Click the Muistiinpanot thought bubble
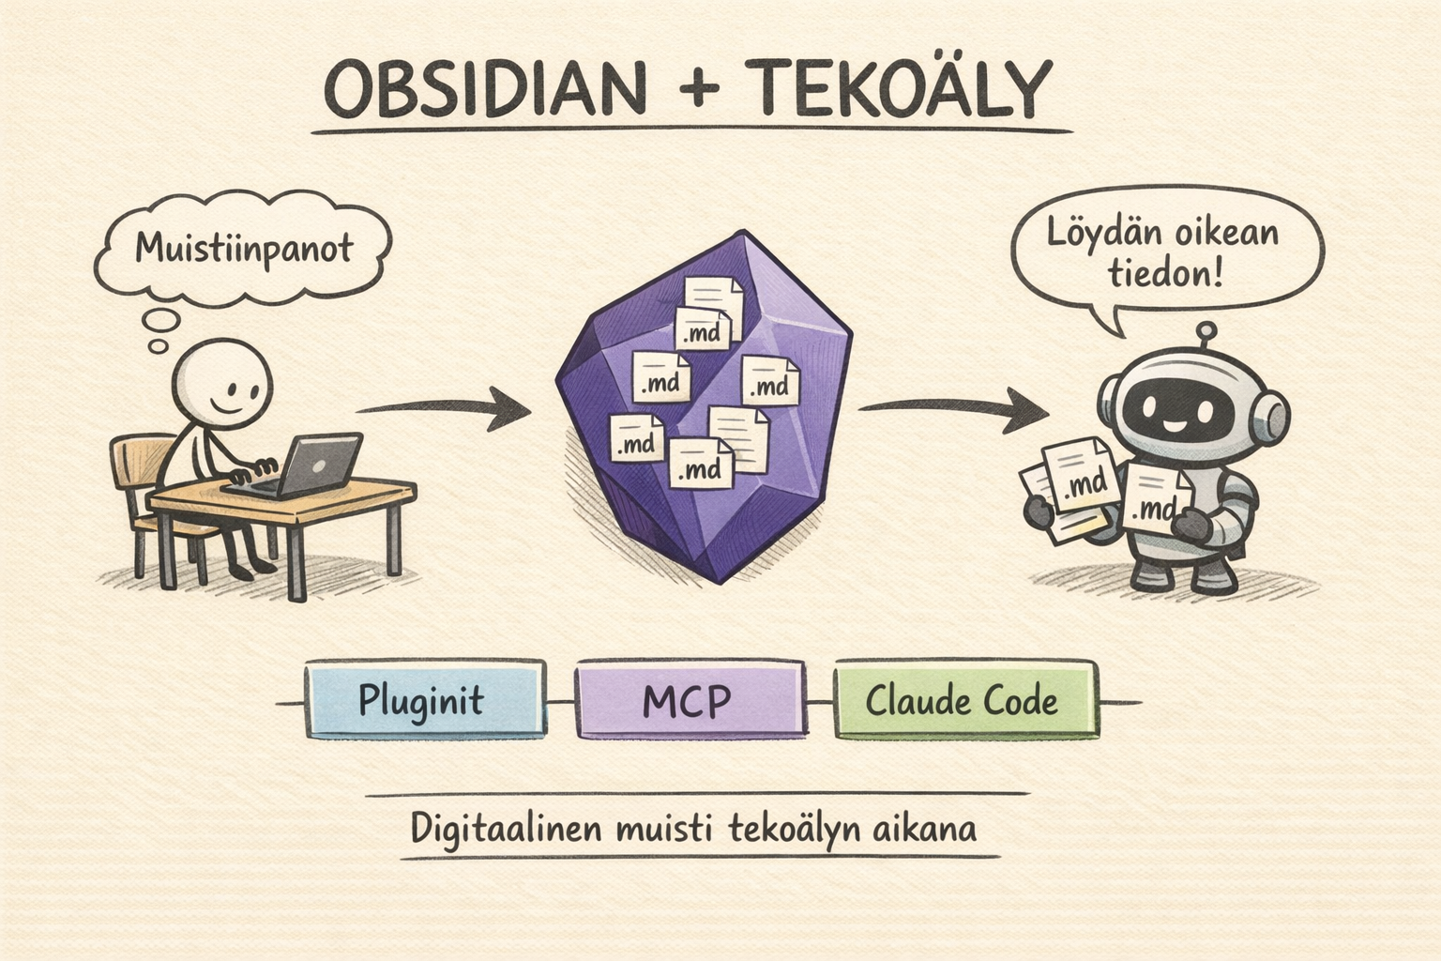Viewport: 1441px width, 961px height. pyautogui.click(x=243, y=249)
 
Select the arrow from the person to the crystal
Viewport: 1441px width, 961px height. pyautogui.click(x=441, y=409)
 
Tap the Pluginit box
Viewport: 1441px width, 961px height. pyautogui.click(x=423, y=700)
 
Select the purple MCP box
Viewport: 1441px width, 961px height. pyautogui.click(x=690, y=700)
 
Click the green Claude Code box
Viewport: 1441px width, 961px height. pyautogui.click(x=963, y=700)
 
